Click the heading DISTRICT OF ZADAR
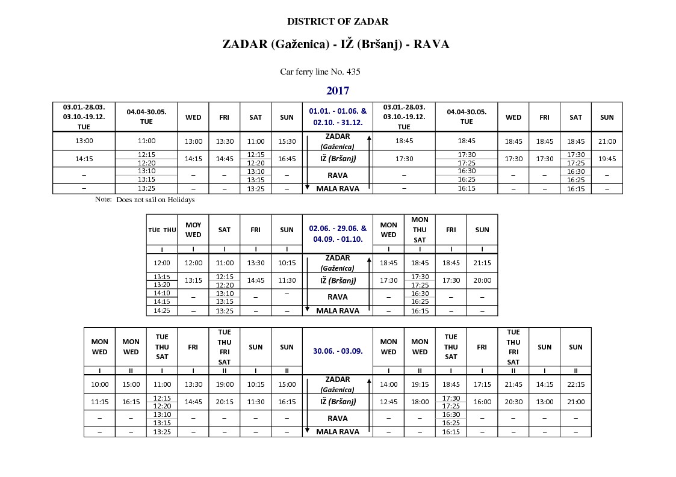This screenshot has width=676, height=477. pos(337,22)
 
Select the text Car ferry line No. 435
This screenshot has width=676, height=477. pos(320,72)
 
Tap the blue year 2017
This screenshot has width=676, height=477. pos(338,91)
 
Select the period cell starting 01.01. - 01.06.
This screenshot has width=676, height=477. pos(338,116)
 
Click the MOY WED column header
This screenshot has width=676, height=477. pos(193,230)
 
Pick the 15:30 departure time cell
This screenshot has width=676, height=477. pos(287,141)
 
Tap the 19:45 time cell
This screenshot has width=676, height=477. pos(607,159)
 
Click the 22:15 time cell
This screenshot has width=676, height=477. pos(575,384)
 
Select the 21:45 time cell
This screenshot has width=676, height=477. pos(513,384)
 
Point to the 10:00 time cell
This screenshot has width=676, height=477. pos(99,384)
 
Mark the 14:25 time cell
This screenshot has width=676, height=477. pos(162,311)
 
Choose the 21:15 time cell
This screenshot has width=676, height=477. pos(482,263)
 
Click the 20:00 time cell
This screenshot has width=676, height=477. pos(482,280)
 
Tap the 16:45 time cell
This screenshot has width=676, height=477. pos(287,159)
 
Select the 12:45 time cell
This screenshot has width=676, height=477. pos(388,402)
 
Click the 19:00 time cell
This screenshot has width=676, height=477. pos(225,384)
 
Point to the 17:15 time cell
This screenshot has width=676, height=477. pos(482,384)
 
